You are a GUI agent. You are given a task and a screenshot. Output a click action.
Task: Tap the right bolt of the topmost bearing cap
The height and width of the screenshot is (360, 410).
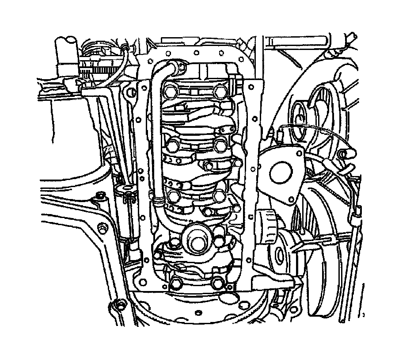pos(220,92)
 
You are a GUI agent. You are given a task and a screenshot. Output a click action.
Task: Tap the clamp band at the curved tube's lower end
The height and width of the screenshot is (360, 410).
pos(158,203)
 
